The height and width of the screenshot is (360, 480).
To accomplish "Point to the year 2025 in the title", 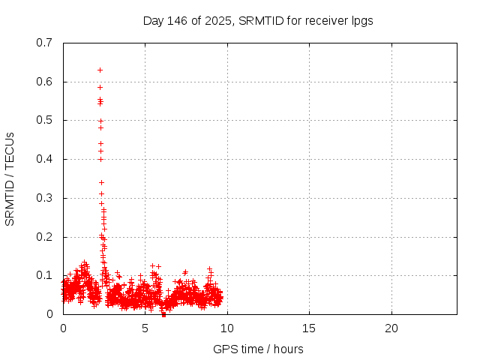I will [214, 21].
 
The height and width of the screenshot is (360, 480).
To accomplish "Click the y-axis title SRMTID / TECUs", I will [10, 178].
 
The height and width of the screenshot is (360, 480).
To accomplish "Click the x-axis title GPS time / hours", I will [259, 349].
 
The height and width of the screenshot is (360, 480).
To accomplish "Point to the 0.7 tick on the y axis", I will [44, 43].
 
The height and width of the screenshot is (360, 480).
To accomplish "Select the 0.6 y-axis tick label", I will [44, 82].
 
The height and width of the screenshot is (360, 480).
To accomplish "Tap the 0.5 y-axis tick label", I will [44, 120].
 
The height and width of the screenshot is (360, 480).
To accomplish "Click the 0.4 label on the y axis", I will [44, 159].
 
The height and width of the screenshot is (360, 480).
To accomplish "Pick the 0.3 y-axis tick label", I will [44, 198].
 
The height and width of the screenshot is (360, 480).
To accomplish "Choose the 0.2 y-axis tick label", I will [44, 237].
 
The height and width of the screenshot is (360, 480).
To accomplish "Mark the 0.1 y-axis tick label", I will [44, 275].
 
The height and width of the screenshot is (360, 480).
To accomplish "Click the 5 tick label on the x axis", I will [145, 328].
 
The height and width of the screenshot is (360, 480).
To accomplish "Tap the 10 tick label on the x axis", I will [227, 328].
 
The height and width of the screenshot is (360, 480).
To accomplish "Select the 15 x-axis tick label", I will [309, 328].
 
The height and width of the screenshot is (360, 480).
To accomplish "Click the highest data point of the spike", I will [100, 70].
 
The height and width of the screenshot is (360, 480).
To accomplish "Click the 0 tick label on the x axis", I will [63, 328].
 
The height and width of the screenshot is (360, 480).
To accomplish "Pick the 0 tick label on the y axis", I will [49, 314].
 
